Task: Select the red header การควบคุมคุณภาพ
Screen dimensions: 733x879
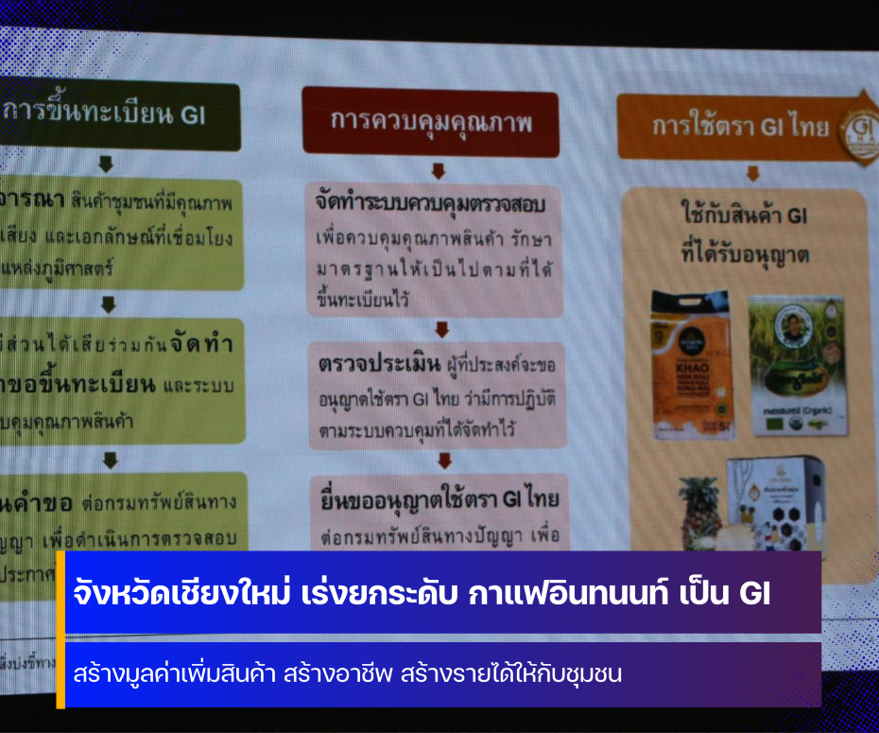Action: pyautogui.click(x=431, y=121)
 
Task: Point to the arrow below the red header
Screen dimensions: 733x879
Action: pyautogui.click(x=438, y=171)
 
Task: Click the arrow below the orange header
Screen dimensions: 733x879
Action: pyautogui.click(x=752, y=173)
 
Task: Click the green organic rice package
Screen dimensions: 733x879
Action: pyautogui.click(x=797, y=363)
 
